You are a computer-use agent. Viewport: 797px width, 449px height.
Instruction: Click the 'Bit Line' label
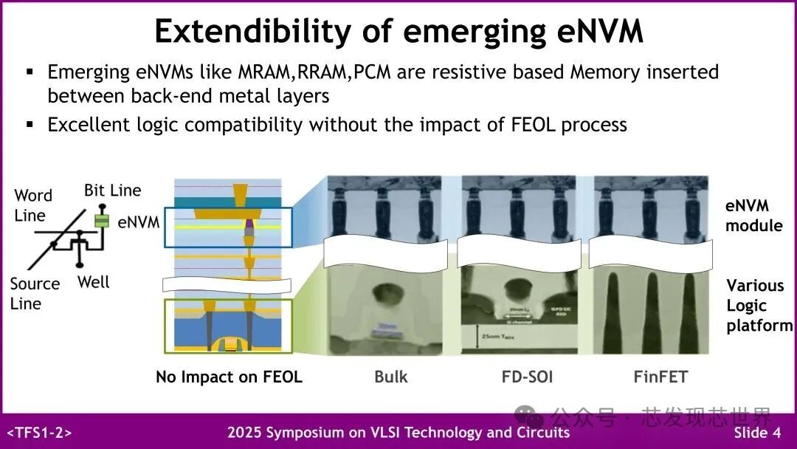112,191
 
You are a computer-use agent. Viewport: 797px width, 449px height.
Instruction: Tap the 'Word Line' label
33,205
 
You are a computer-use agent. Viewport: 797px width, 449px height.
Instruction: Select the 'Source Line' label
35,293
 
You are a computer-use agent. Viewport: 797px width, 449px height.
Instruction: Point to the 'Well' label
93,282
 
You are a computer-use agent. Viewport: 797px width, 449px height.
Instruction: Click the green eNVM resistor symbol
103,220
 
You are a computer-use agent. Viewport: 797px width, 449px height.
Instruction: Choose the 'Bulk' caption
390,377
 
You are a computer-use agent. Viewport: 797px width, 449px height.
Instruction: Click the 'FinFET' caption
660,377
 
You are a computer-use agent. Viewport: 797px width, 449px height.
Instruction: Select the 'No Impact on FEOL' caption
229,377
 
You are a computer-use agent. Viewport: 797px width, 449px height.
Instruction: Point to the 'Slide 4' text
756,433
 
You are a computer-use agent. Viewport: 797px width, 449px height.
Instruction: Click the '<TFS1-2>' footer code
39,433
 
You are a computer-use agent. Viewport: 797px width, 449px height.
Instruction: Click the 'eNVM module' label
753,216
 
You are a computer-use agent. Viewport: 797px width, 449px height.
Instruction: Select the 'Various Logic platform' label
758,306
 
